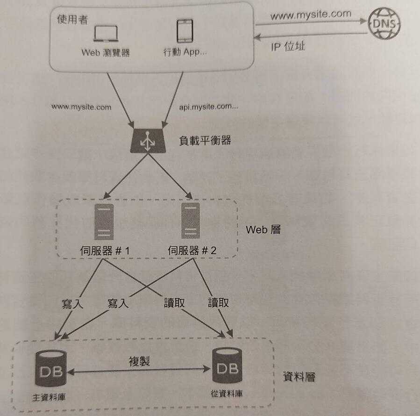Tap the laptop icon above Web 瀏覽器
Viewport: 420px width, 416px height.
click(x=106, y=34)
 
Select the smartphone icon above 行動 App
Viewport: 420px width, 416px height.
click(x=185, y=31)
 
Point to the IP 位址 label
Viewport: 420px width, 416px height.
click(x=288, y=47)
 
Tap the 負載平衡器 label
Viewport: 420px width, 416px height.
click(x=205, y=140)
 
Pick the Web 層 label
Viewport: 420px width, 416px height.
click(x=263, y=230)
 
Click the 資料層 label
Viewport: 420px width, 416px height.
click(x=299, y=376)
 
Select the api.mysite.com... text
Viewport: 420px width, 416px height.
click(x=209, y=107)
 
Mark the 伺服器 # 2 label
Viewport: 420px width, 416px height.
click(x=192, y=251)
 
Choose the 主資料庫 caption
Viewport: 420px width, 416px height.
click(x=49, y=397)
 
